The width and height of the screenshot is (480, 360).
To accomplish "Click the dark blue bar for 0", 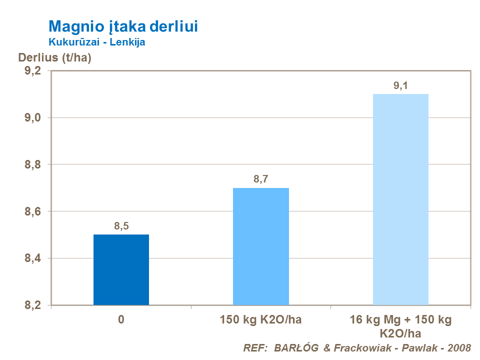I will point(121,269).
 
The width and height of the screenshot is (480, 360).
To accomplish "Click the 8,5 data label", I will point(121,226).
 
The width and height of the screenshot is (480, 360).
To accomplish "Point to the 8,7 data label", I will point(261,179).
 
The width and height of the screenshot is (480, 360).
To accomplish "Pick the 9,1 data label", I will point(401,85).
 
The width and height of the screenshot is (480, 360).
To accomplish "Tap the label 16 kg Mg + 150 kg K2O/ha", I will point(401,326).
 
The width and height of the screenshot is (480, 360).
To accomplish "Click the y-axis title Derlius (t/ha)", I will point(55,57).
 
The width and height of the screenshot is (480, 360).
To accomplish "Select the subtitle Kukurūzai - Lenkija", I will point(96,42).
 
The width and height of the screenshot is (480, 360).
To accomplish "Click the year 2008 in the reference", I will point(458,347).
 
